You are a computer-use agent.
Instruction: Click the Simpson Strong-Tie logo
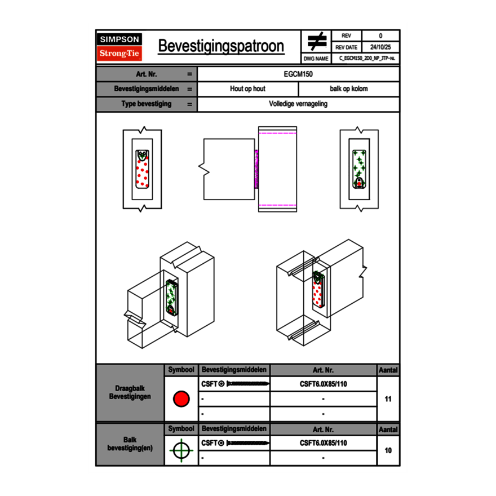tap(119, 47)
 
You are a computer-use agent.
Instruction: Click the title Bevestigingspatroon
tap(221, 46)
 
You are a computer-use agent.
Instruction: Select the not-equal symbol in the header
tap(317, 41)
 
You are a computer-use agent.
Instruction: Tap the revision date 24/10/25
tap(380, 47)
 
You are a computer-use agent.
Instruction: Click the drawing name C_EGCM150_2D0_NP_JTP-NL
tap(366, 58)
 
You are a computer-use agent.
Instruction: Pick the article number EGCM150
tap(298, 74)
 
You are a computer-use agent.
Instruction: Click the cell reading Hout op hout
tap(247, 89)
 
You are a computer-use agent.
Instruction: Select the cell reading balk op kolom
tap(349, 89)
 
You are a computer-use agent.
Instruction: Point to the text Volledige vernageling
tap(298, 104)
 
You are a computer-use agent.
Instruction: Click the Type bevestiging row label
tap(147, 104)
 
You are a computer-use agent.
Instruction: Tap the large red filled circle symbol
tap(181, 399)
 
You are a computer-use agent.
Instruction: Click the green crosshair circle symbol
tap(181, 450)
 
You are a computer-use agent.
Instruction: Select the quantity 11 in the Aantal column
tap(388, 399)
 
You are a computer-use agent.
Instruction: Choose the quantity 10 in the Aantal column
tap(388, 450)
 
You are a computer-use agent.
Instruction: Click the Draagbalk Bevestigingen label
tap(130, 393)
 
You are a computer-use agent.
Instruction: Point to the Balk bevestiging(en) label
tap(130, 444)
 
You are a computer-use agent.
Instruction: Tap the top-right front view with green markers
tap(358, 169)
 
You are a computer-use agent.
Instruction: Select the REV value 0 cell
tap(380, 36)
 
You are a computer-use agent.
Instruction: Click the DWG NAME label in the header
tap(316, 59)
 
